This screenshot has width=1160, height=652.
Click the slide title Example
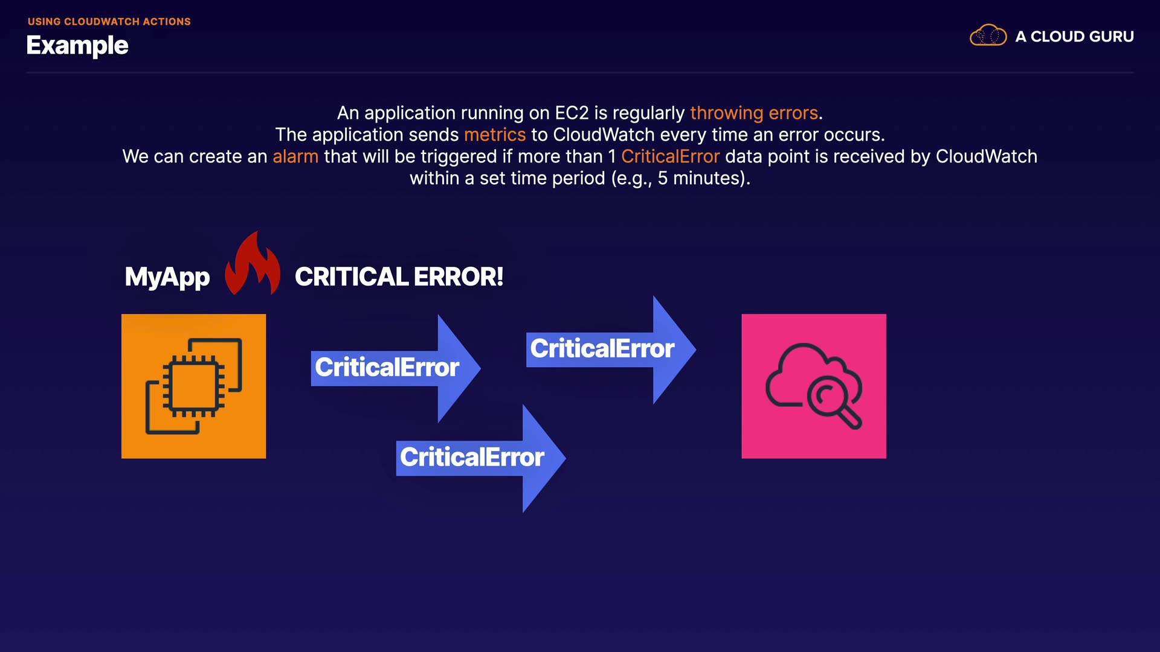77,45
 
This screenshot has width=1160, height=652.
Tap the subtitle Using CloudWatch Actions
109,22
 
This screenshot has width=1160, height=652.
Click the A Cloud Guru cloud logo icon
988,36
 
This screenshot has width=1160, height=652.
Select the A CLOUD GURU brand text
1074,37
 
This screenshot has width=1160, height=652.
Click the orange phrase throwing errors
754,113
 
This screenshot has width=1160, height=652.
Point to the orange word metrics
495,135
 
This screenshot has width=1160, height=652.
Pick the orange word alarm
295,156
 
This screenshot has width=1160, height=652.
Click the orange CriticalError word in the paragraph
670,156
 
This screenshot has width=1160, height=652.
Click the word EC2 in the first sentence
572,113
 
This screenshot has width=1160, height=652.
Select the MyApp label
167,277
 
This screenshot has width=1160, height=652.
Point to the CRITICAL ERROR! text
399,277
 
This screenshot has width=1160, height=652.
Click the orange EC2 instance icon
193,386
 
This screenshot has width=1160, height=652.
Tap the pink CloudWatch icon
814,386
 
